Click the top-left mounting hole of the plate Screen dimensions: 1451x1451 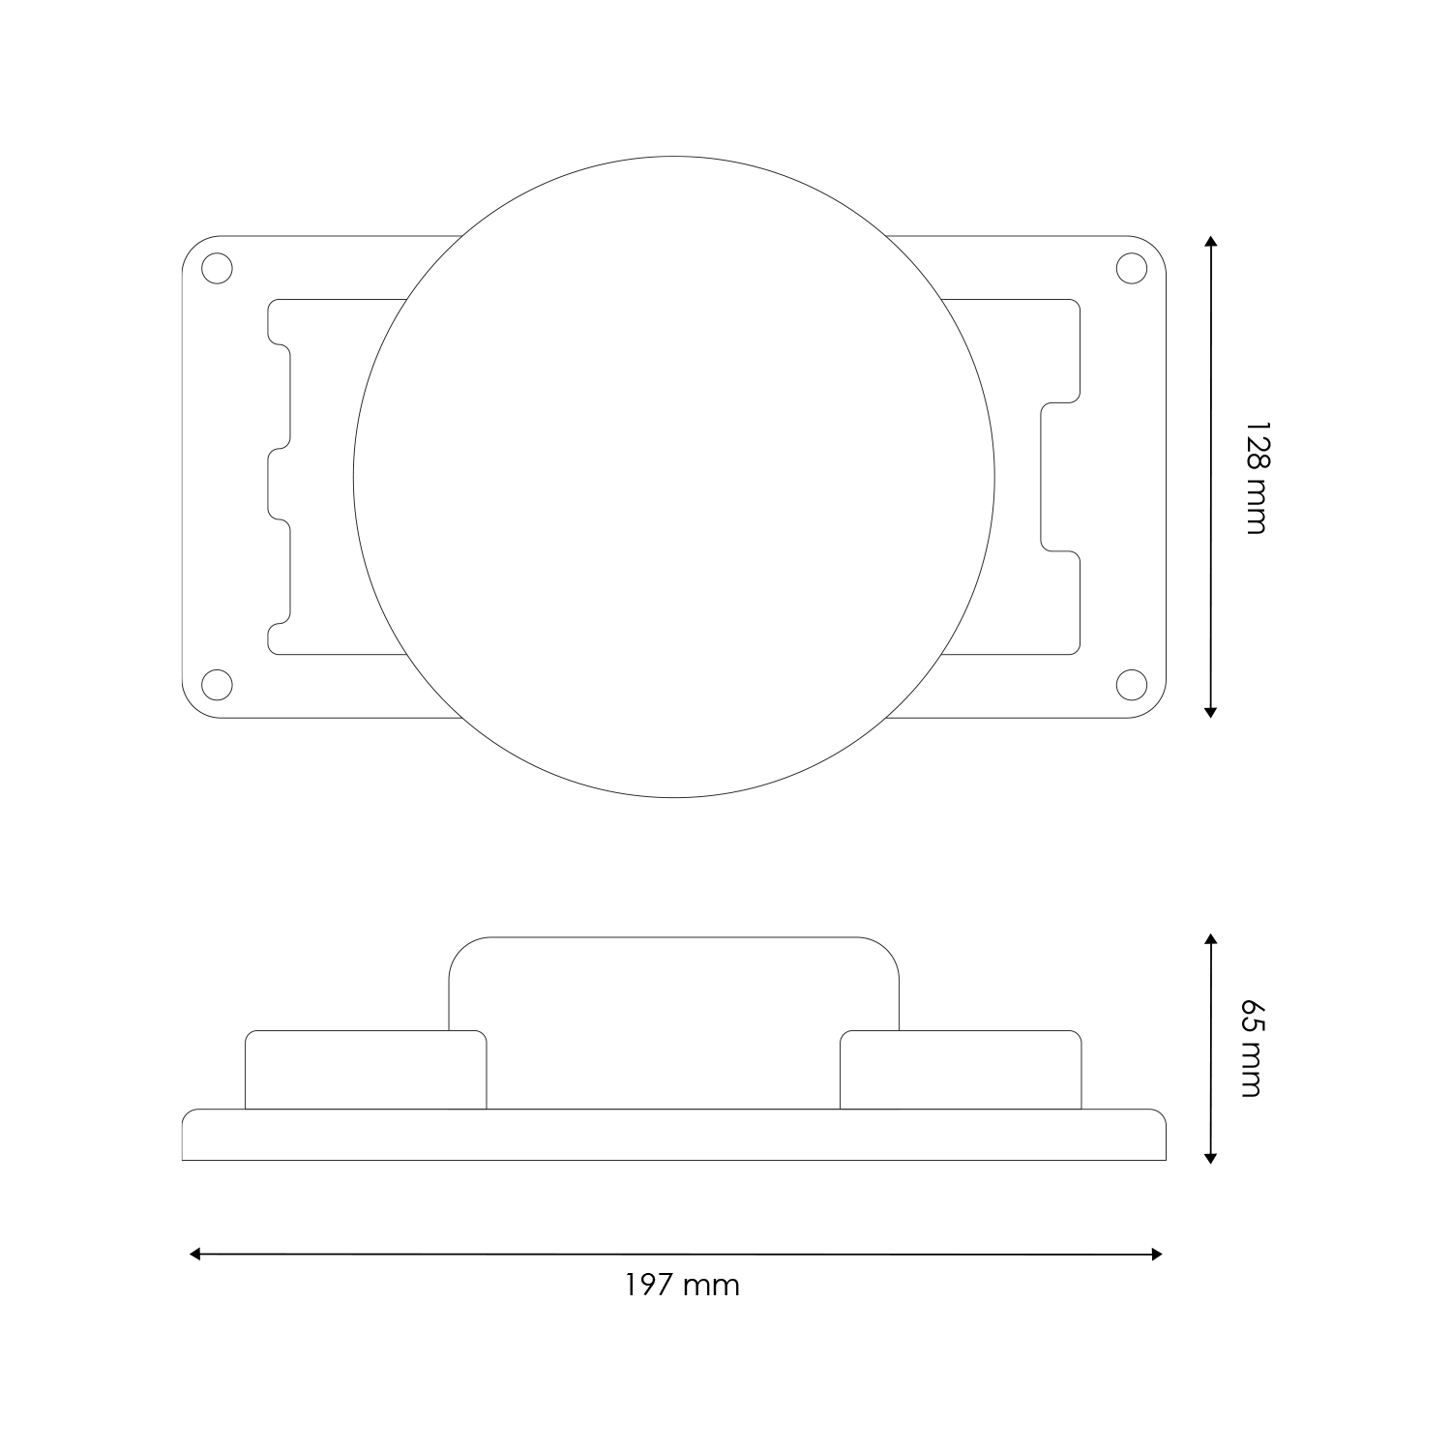pyautogui.click(x=218, y=269)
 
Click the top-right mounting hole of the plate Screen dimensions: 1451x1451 pyautogui.click(x=1131, y=269)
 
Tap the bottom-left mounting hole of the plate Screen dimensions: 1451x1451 pyautogui.click(x=218, y=684)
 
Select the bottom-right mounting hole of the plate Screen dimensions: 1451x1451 pyautogui.click(x=1131, y=684)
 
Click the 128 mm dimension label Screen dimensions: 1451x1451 pyautogui.click(x=1255, y=477)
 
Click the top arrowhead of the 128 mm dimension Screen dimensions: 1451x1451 pyautogui.click(x=1210, y=241)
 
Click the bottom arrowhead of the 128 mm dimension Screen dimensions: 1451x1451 pyautogui.click(x=1210, y=712)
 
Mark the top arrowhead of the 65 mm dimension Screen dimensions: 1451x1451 pyautogui.click(x=1210, y=938)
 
